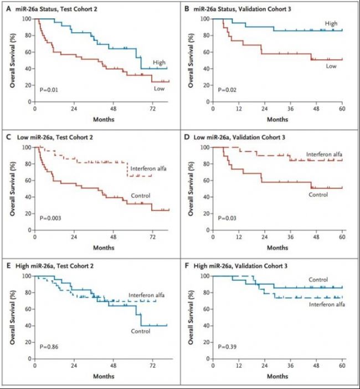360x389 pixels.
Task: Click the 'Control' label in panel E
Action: coord(141,331)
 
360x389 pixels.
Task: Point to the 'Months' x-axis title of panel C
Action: coord(102,248)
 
